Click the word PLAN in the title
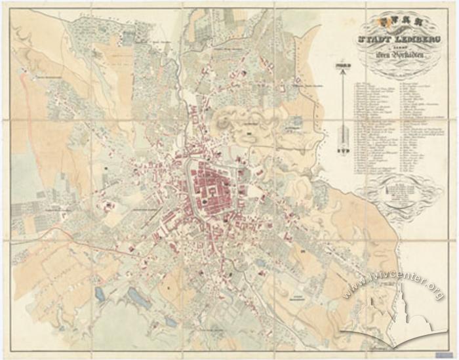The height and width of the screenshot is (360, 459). [x=397, y=22]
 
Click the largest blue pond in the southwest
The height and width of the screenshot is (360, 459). [x=138, y=298]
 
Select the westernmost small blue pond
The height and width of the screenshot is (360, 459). [x=99, y=293]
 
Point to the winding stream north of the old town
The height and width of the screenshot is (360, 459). [x=197, y=98]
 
